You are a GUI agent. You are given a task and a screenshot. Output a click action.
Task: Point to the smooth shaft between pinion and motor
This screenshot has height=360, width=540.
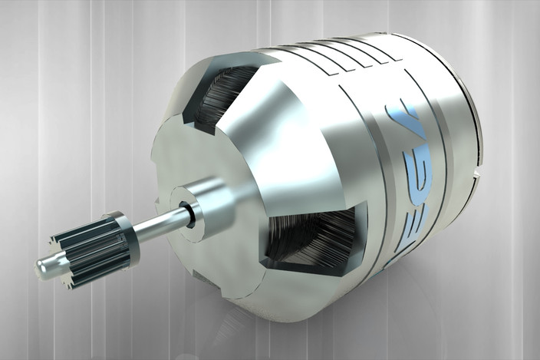coord(157,220)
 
